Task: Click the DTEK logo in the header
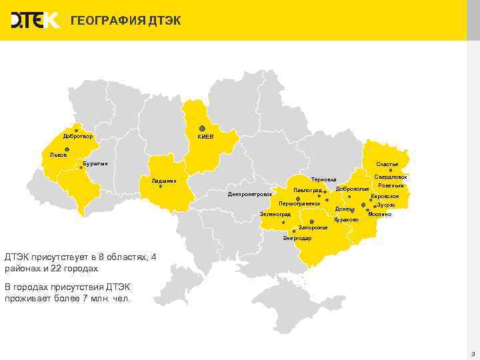(x=35, y=21)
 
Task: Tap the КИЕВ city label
(x=205, y=137)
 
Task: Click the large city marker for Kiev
(x=201, y=128)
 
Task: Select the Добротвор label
(x=78, y=137)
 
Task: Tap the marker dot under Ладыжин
(x=161, y=187)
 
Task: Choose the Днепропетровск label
(x=251, y=194)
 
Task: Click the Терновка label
(x=324, y=179)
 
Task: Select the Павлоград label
(x=307, y=191)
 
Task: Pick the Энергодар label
(x=297, y=238)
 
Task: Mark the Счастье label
(x=387, y=164)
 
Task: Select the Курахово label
(x=346, y=219)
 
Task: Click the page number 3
(x=472, y=353)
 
